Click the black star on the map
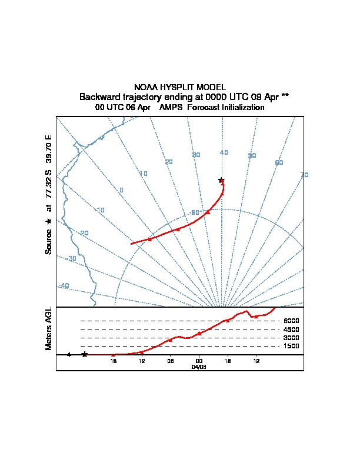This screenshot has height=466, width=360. (221, 180)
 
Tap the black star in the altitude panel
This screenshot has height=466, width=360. (85, 354)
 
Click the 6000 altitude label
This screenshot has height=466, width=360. (291, 321)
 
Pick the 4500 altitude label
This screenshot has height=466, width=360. (291, 329)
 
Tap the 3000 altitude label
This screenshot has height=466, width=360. (291, 338)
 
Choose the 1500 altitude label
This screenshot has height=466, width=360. (291, 347)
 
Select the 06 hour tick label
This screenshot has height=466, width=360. (170, 361)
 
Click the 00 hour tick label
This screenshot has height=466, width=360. (199, 361)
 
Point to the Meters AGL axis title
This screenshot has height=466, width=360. (49, 328)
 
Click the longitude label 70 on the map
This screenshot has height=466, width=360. (304, 175)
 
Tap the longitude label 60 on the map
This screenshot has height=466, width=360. (279, 162)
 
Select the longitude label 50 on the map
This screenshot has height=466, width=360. (252, 155)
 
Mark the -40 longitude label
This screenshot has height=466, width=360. (64, 285)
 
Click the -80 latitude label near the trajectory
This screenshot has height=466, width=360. (194, 212)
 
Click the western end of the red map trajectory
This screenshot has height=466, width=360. (131, 244)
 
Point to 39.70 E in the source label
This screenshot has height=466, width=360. (49, 150)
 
